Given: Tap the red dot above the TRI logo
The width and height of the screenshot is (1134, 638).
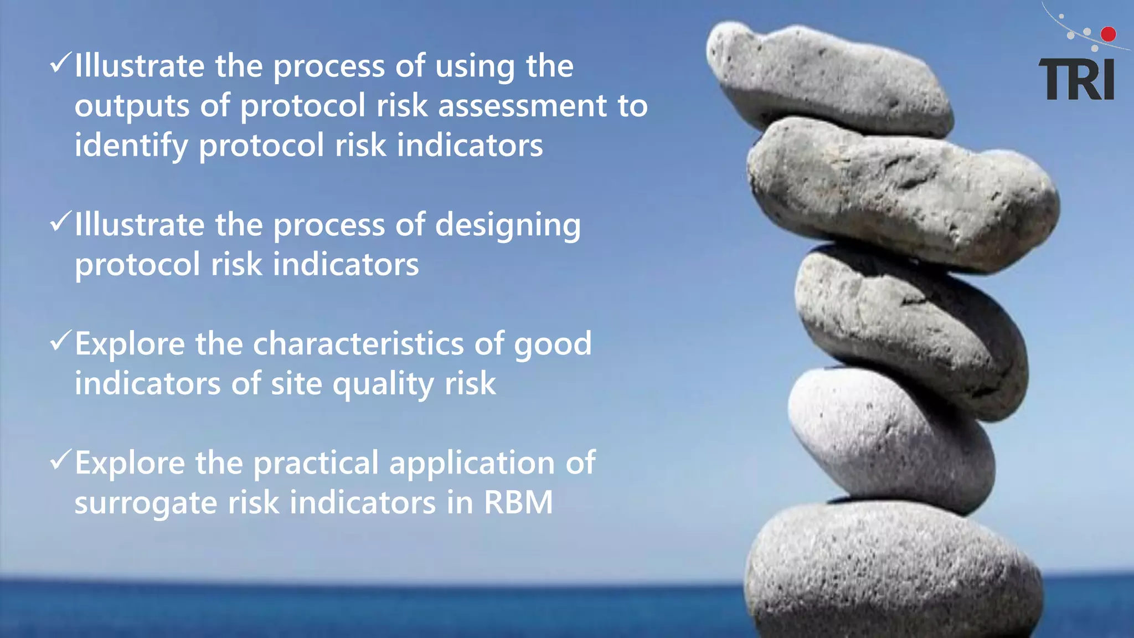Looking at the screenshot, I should pos(1108,34).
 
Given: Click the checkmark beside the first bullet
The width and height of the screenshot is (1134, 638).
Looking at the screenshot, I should pos(60,63).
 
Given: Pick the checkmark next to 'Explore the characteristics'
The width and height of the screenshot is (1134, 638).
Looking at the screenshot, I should pos(60,341).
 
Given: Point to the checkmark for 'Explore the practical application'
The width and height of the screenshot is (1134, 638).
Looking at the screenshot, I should pos(60,460).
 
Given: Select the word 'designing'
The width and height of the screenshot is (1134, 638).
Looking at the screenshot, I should pos(508,226).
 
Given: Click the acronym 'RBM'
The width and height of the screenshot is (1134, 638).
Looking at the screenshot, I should pos(518,502).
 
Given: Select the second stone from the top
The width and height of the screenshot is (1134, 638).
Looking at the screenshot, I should pos(903,194).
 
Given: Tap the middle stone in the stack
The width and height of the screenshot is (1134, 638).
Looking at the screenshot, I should pos(908,327).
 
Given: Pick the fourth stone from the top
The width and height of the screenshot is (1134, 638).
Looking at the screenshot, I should pos(886,438).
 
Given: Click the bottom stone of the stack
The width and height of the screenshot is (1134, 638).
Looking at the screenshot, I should pos(891,570).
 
